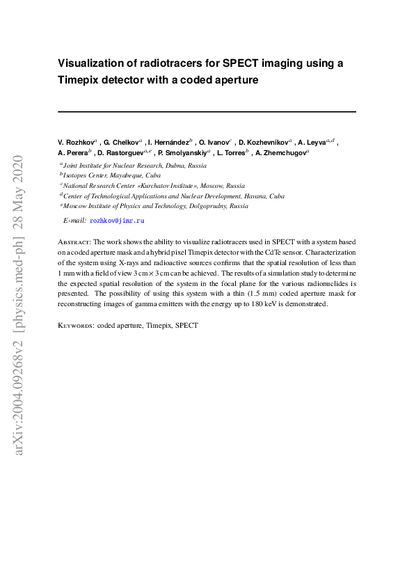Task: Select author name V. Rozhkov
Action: pyautogui.click(x=76, y=141)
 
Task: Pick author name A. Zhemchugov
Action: pyautogui.click(x=280, y=152)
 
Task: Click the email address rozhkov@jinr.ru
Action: pyautogui.click(x=117, y=220)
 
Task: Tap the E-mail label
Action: pyautogui.click(x=74, y=220)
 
